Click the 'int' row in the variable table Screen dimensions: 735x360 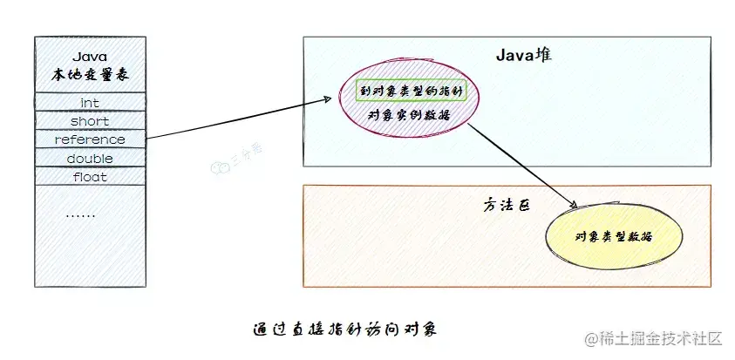click(90, 103)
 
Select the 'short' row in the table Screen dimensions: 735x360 click(90, 121)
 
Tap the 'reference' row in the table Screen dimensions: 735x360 click(90, 139)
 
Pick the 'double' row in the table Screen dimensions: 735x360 click(90, 159)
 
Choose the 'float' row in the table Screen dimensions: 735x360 click(90, 177)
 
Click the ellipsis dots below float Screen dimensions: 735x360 click(81, 214)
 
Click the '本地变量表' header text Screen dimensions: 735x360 click(90, 77)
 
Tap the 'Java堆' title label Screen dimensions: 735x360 click(524, 55)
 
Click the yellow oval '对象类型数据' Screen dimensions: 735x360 click(615, 236)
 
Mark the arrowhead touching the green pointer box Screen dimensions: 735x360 click(332, 98)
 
